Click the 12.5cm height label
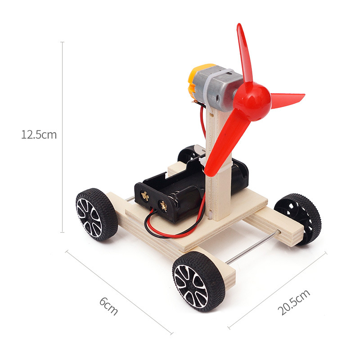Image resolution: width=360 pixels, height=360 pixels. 39,134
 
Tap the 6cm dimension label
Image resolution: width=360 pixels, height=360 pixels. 108,306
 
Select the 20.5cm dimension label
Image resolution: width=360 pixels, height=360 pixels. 293,302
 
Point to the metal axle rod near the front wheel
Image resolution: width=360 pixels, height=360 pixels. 252,247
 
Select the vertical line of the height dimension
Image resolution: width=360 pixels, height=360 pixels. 63,180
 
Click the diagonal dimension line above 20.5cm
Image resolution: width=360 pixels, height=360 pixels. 277,290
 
